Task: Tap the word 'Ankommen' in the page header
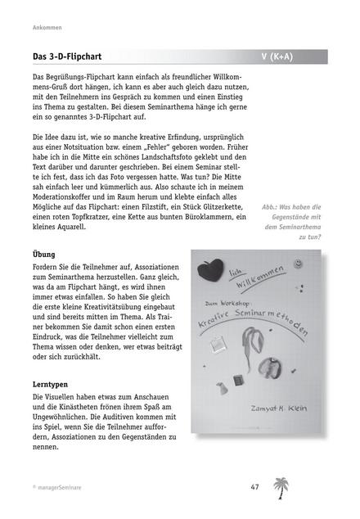[37, 26]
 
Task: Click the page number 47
[254, 487]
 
